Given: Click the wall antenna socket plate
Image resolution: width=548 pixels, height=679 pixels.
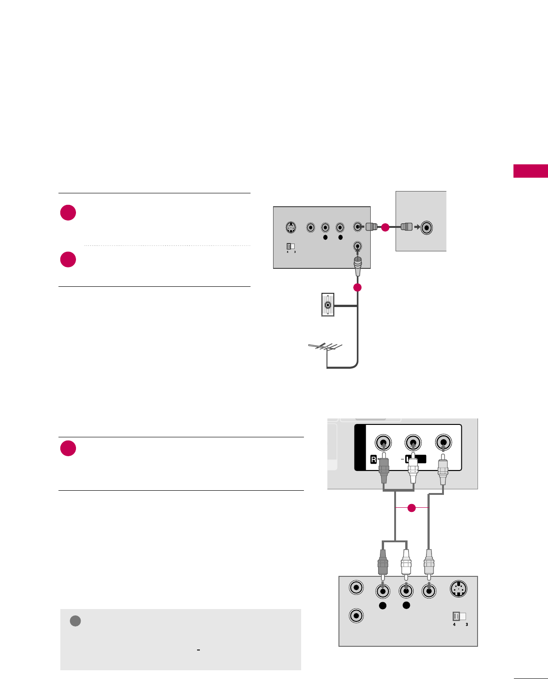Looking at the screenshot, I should (x=327, y=305).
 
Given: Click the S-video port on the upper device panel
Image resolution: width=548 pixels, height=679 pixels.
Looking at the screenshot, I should (x=291, y=227).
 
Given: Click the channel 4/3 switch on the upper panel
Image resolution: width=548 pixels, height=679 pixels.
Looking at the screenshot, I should (x=291, y=247).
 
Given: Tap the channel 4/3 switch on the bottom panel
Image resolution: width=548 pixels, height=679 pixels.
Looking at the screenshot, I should (x=460, y=616).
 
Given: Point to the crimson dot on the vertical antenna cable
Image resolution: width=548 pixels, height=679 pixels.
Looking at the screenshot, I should (x=357, y=287).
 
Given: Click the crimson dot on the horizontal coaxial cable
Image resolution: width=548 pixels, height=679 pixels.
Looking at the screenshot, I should (x=385, y=227).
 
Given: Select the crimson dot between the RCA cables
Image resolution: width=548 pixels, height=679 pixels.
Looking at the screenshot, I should (x=412, y=508).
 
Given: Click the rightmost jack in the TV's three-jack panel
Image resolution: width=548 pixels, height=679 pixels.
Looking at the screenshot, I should (x=443, y=443).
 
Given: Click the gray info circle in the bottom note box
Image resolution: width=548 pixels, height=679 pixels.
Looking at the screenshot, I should (x=76, y=621).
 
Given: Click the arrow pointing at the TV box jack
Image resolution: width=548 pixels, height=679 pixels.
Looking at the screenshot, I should (x=418, y=227).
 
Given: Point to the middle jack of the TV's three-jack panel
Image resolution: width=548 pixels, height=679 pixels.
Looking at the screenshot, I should (x=413, y=443).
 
